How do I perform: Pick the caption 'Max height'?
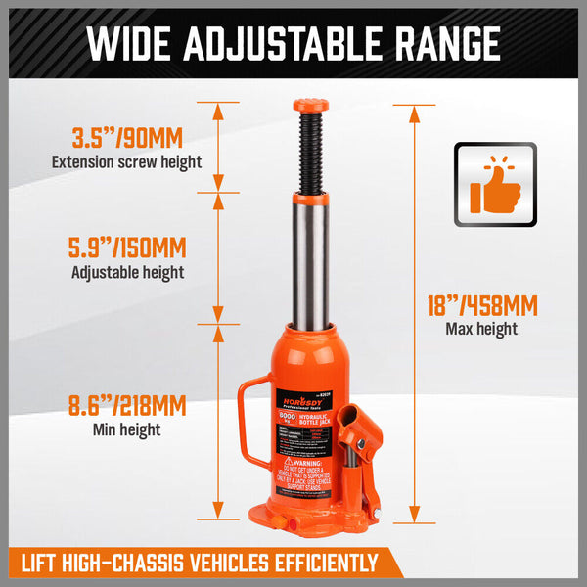tap(481, 330)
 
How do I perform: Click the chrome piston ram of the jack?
tap(310, 259)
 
